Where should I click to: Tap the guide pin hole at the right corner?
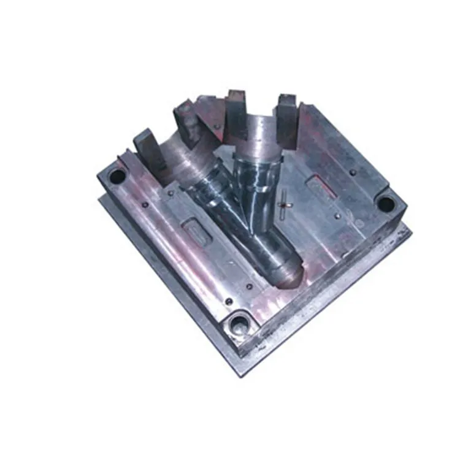coord(386,204)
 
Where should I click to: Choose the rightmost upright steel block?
coord(287,120)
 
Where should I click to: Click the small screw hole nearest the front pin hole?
coord(228,302)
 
